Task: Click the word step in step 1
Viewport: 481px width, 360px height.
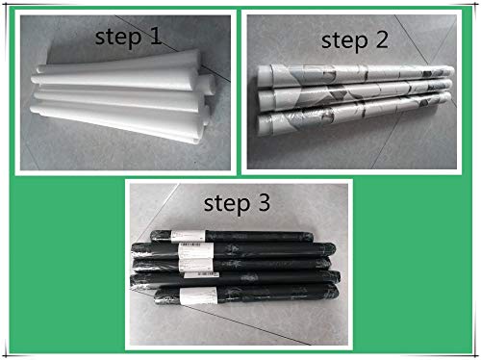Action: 118,39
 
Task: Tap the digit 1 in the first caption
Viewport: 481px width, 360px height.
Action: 156,36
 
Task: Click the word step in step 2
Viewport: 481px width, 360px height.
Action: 344,42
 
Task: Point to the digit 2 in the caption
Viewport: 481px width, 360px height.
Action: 382,39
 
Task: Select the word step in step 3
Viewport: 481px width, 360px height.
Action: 227,205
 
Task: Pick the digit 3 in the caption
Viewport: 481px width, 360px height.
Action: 264,202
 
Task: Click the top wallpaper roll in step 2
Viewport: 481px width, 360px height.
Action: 355,75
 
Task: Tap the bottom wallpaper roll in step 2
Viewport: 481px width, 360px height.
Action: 354,113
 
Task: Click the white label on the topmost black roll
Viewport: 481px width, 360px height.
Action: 188,236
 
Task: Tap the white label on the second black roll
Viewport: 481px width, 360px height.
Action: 196,250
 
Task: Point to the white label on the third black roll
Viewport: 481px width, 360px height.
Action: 195,265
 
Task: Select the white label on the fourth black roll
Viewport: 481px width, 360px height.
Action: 201,275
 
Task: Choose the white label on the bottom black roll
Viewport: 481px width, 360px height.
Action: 198,296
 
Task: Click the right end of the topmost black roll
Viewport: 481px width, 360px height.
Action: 311,237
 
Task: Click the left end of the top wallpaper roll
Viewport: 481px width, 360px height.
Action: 261,75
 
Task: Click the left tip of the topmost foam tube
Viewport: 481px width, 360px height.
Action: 38,68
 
